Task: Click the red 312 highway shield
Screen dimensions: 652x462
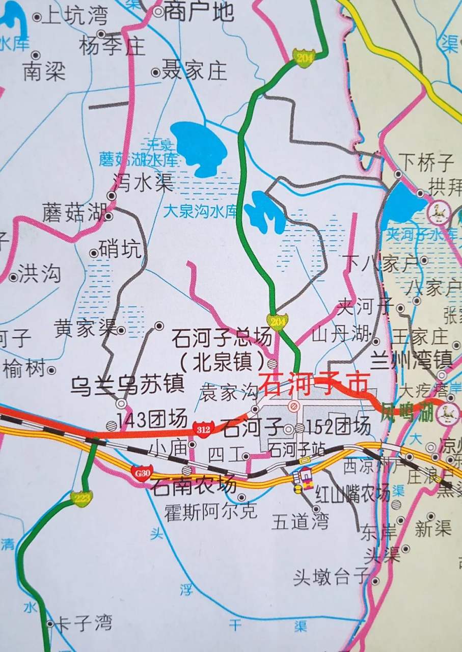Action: pyautogui.click(x=202, y=429)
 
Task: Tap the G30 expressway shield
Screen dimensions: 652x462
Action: pyautogui.click(x=142, y=473)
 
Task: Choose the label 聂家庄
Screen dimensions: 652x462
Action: pyautogui.click(x=194, y=71)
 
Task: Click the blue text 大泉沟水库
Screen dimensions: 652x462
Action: pyautogui.click(x=201, y=211)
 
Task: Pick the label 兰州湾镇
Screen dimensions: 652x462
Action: pyautogui.click(x=411, y=360)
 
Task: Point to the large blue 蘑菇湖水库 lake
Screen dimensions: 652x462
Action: pyautogui.click(x=199, y=148)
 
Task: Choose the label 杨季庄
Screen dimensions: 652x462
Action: pyautogui.click(x=113, y=47)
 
